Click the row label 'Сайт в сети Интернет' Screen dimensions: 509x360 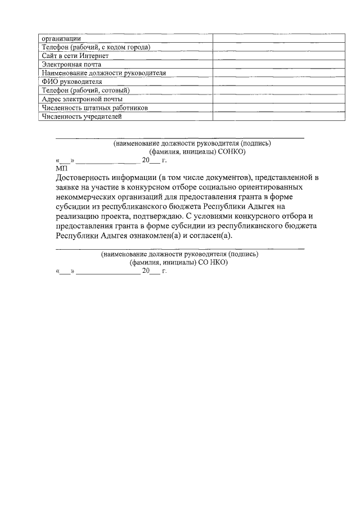point(75,56)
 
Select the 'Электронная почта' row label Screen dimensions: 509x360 point(71,65)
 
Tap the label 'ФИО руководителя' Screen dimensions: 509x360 point(72,82)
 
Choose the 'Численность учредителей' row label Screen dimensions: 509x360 point(82,116)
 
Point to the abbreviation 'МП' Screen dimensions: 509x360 point(61,168)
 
